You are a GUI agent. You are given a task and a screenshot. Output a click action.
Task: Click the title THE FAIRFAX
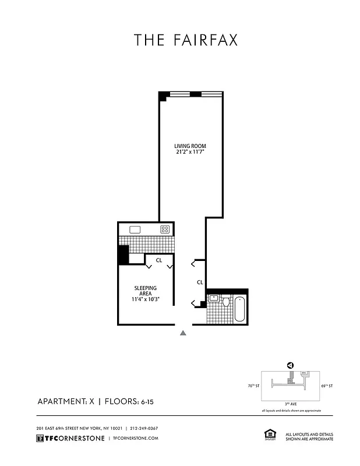pyautogui.click(x=186, y=40)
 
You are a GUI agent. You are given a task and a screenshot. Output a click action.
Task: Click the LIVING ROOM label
pyautogui.click(x=190, y=146)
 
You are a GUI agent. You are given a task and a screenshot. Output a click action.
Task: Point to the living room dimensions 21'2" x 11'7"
pyautogui.click(x=190, y=152)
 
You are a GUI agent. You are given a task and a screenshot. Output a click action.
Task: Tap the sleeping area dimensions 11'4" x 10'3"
pyautogui.click(x=145, y=299)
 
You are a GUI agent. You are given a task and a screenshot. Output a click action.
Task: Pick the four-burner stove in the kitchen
pyautogui.click(x=165, y=230)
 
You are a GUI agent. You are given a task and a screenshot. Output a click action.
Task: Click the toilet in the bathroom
pyautogui.click(x=226, y=302)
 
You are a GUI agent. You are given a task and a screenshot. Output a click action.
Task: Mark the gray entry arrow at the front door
pyautogui.click(x=183, y=333)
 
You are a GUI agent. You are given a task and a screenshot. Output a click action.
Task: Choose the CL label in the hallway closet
pyautogui.click(x=200, y=283)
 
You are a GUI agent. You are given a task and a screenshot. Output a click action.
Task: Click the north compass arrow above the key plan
pyautogui.click(x=290, y=365)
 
